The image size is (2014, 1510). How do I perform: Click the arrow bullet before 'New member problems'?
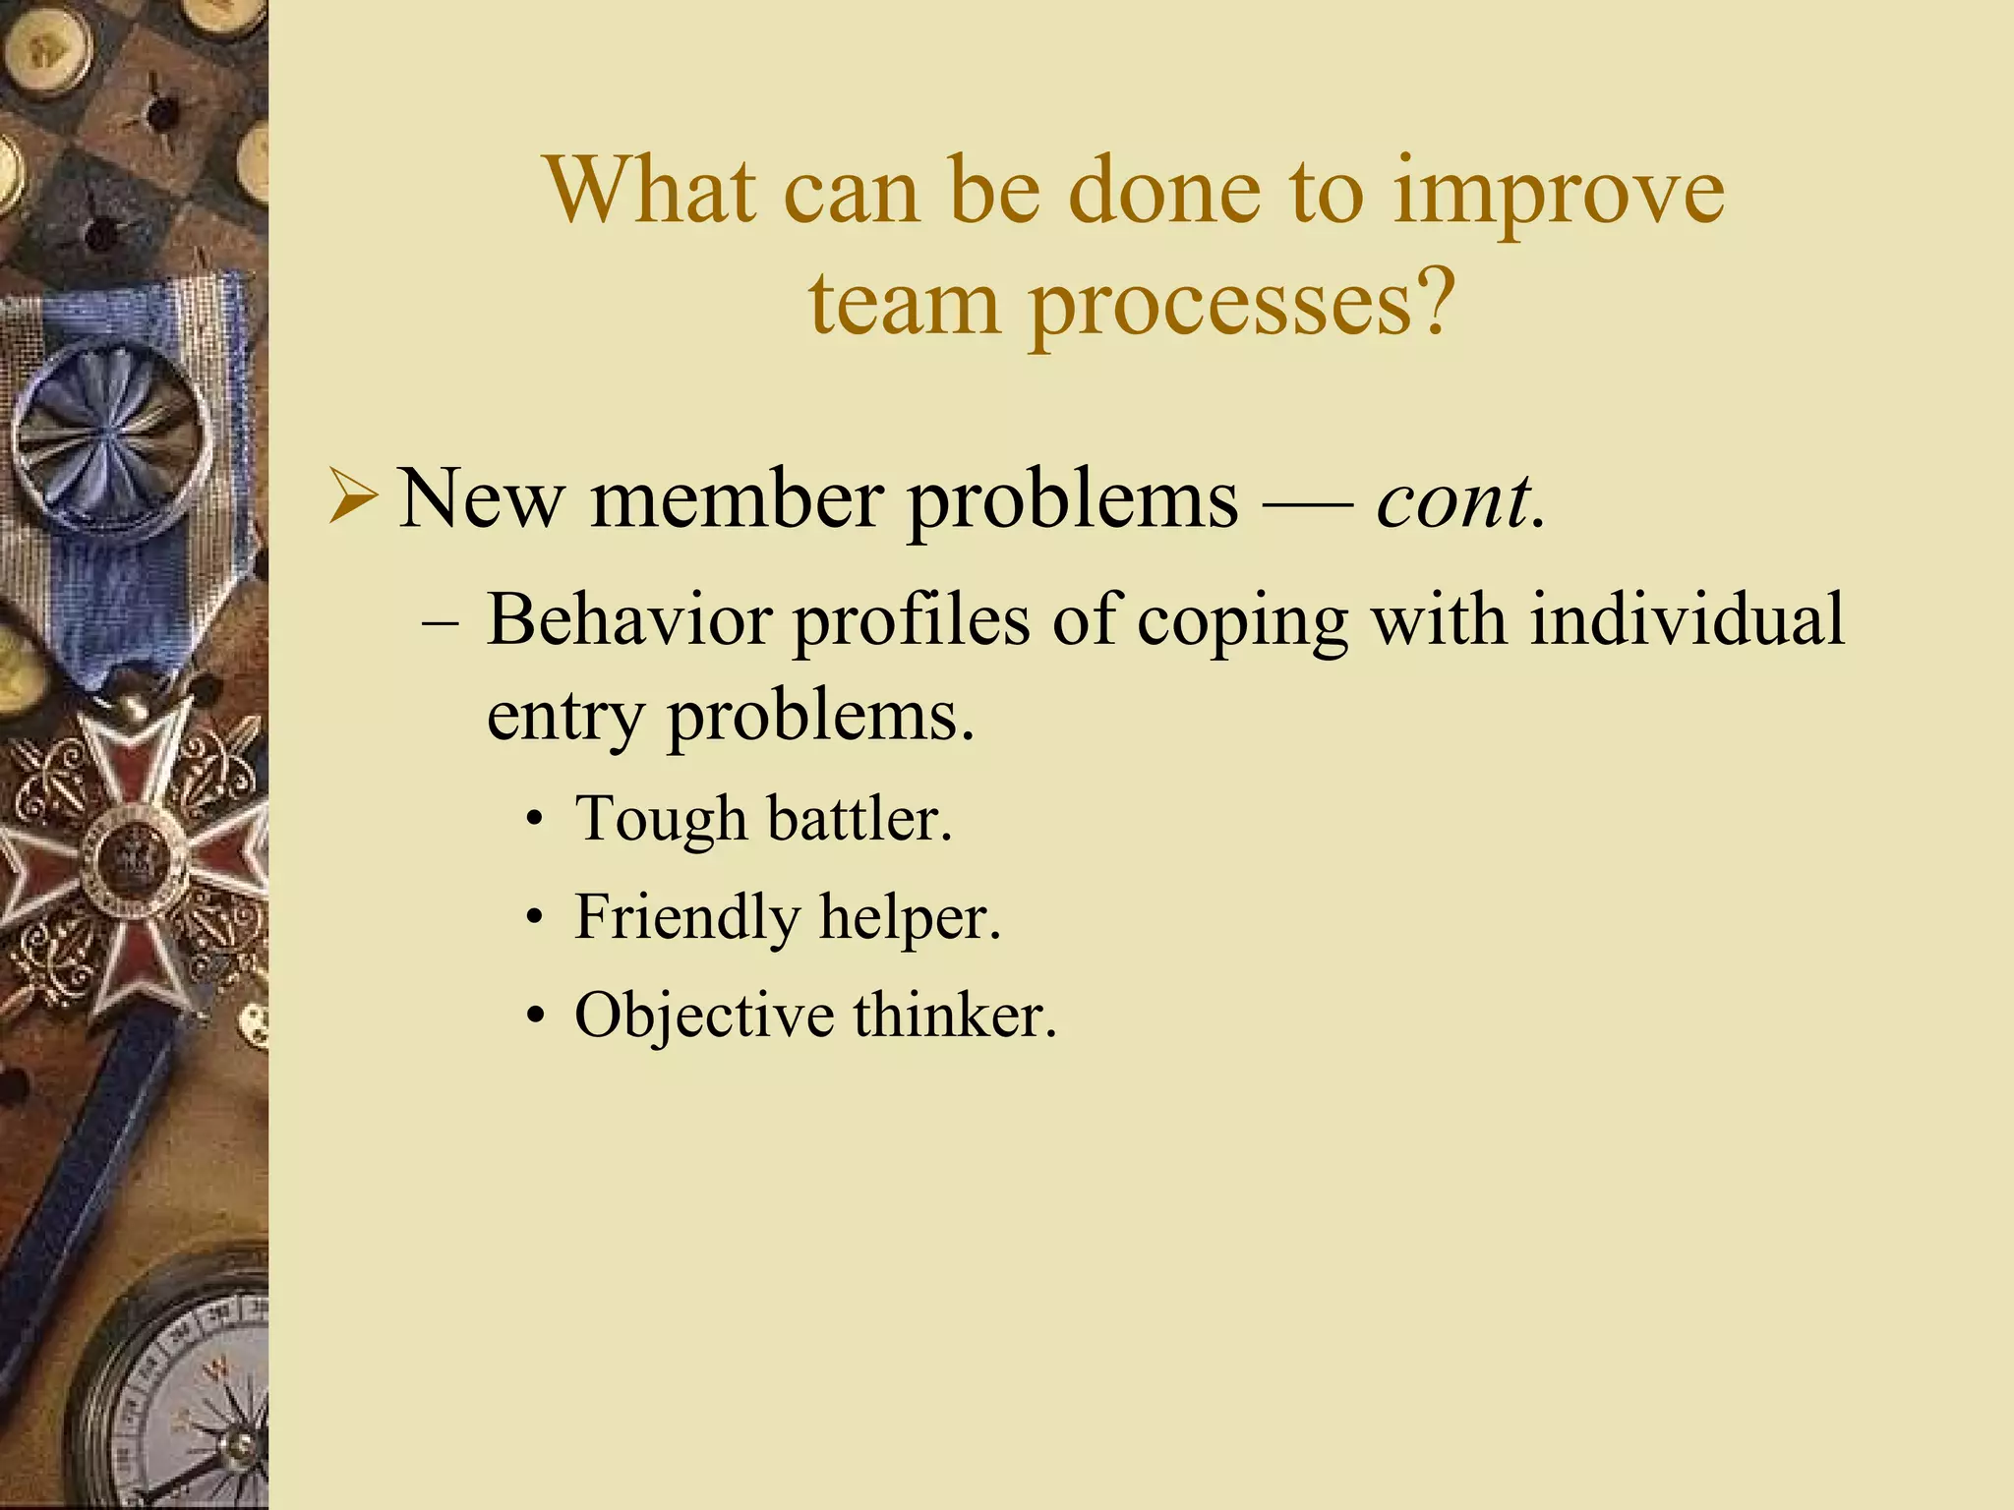point(351,497)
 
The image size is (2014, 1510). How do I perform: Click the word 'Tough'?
point(661,820)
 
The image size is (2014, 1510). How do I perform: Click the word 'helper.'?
point(910,918)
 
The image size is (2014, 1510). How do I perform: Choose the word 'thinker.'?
point(954,1016)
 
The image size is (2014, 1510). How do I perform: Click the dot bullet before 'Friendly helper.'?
point(534,919)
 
